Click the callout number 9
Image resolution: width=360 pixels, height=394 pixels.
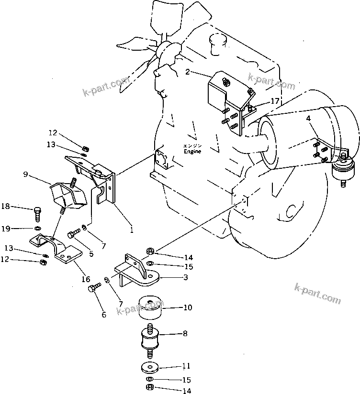(25, 174)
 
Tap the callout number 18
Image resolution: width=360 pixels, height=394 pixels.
(5, 206)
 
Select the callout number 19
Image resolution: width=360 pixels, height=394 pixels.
(6, 229)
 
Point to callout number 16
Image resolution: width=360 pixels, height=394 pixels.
(86, 279)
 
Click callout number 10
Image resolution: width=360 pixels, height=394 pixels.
(188, 307)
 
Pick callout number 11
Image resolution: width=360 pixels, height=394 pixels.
(186, 366)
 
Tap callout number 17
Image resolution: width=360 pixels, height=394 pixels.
(275, 101)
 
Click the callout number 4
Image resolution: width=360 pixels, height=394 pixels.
(309, 119)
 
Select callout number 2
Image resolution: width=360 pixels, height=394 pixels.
(188, 72)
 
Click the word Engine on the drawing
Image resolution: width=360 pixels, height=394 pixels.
(192, 152)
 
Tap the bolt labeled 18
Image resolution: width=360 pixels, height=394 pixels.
(37, 214)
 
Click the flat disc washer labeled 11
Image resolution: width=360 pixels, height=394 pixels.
(150, 368)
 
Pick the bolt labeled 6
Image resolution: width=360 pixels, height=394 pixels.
(94, 287)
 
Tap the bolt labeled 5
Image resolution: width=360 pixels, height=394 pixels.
(73, 233)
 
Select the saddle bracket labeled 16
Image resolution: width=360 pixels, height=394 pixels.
(56, 248)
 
